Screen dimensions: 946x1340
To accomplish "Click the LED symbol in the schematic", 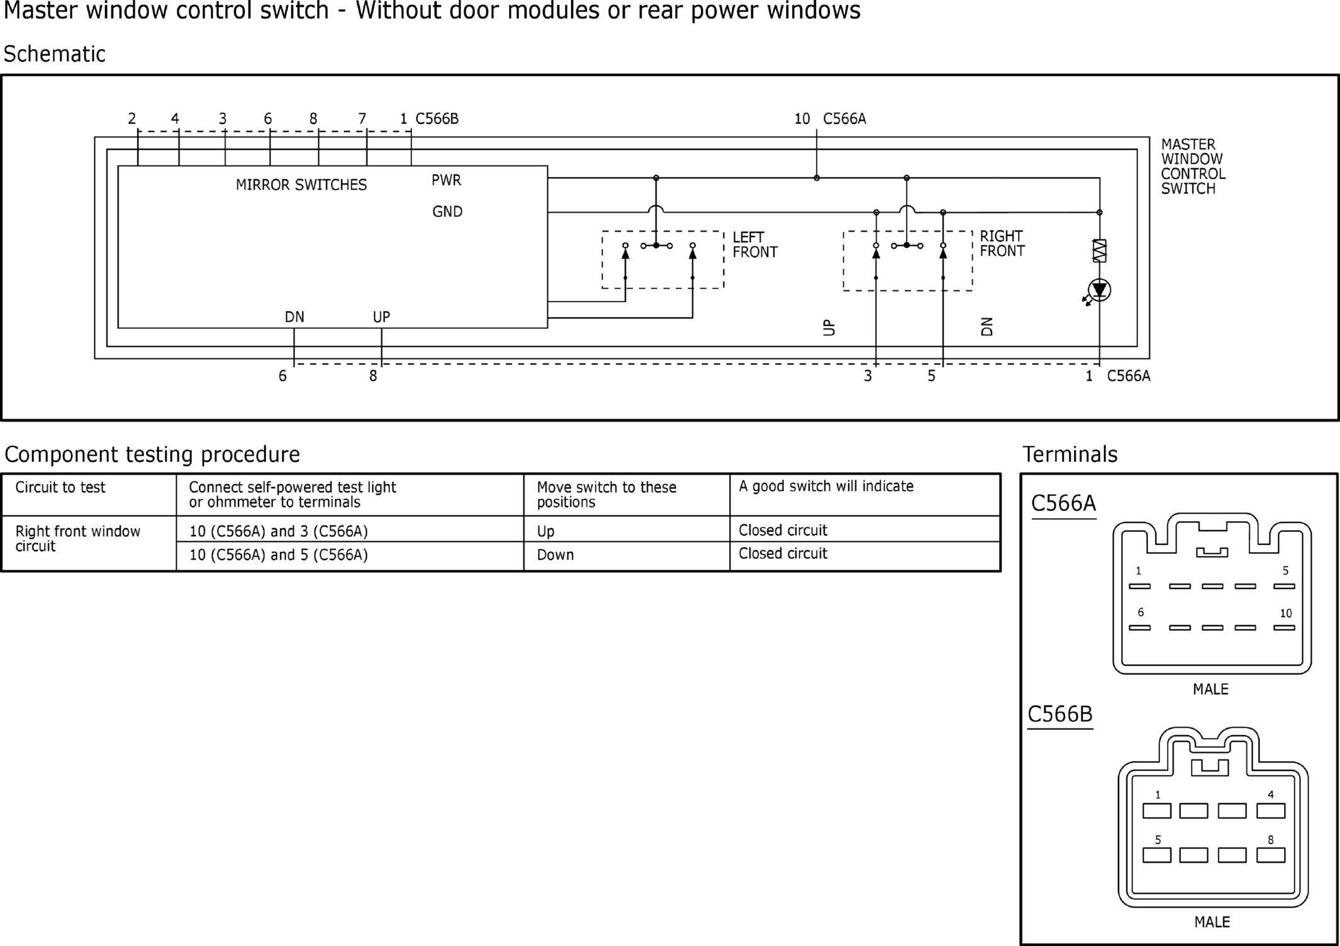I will (x=1099, y=290).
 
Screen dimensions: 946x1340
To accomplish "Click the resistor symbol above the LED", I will (x=1099, y=251).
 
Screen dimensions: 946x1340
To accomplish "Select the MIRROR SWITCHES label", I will (x=301, y=185).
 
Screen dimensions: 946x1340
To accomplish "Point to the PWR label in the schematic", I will (x=446, y=181).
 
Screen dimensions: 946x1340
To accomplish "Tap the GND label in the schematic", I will (x=447, y=212).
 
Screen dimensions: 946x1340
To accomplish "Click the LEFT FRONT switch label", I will (x=754, y=245).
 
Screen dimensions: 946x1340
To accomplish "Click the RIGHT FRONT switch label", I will (x=1002, y=244).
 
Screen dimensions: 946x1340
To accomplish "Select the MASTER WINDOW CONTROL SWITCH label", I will (x=1192, y=167).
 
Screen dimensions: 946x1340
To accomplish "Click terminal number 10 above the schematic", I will (x=801, y=119).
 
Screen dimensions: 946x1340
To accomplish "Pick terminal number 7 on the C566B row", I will (x=362, y=119).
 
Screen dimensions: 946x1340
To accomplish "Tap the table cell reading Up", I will (x=545, y=531).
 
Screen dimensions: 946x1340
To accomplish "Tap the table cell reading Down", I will (x=555, y=555).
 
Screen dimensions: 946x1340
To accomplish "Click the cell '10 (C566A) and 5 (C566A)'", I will (x=278, y=555).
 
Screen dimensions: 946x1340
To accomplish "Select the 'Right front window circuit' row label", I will (x=77, y=539).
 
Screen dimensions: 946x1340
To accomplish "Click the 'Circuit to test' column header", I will (x=60, y=487).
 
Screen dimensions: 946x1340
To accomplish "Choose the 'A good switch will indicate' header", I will (x=825, y=487).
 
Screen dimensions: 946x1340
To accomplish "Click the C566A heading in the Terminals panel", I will (x=1063, y=504).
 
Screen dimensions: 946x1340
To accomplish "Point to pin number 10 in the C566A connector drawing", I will (x=1285, y=614).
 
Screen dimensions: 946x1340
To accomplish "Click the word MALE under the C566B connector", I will (x=1211, y=922).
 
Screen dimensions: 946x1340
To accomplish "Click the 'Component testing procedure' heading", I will (x=152, y=454).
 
